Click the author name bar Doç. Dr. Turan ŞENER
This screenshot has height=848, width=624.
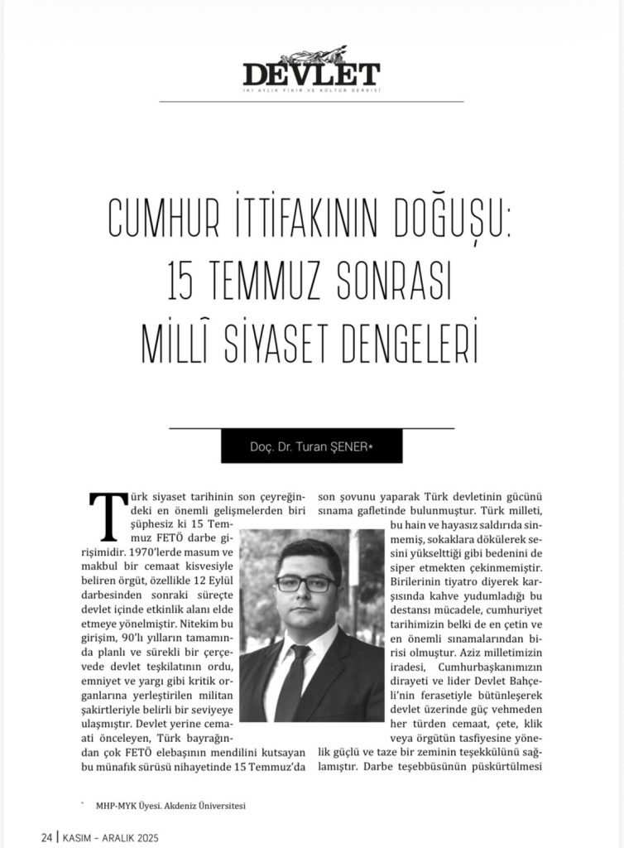(x=311, y=446)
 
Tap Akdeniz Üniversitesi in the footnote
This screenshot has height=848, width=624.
(x=207, y=804)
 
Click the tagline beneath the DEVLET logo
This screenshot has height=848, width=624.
(x=311, y=90)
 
